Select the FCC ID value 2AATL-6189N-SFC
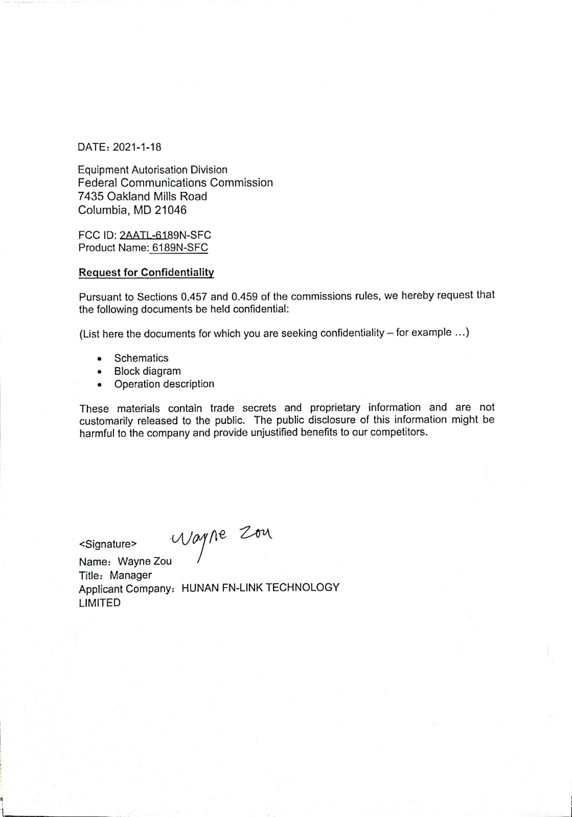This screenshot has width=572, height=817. pyautogui.click(x=165, y=235)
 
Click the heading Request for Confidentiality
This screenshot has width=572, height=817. pyautogui.click(x=146, y=272)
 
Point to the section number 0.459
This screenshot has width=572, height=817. pyautogui.click(x=244, y=296)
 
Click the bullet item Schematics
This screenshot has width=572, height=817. pyautogui.click(x=141, y=358)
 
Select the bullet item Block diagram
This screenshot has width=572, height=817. pyautogui.click(x=147, y=371)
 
